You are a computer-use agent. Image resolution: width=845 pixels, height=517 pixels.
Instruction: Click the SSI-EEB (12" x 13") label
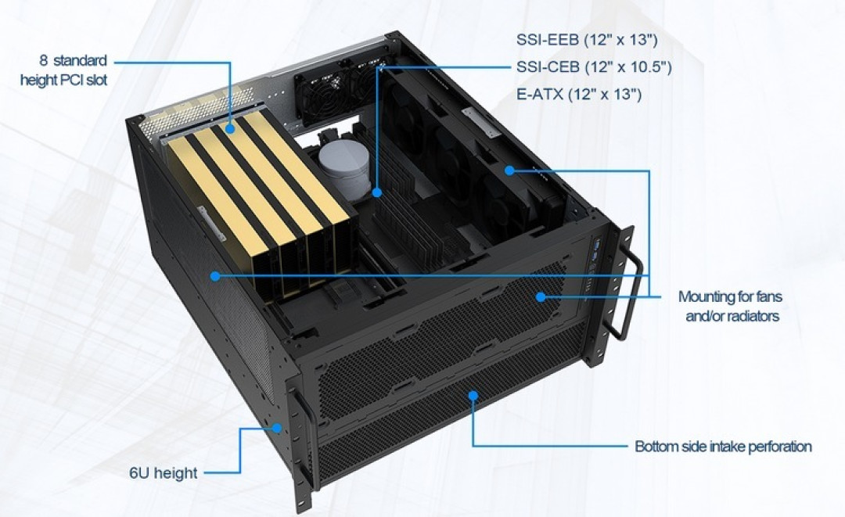click(x=587, y=39)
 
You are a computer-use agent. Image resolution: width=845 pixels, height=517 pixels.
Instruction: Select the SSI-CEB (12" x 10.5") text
click(x=594, y=66)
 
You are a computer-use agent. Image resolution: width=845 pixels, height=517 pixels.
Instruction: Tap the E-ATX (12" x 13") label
click(x=579, y=94)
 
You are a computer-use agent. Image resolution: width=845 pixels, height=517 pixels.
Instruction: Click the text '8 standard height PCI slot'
click(x=64, y=70)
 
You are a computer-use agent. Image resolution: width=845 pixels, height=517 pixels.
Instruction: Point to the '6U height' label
click(x=164, y=473)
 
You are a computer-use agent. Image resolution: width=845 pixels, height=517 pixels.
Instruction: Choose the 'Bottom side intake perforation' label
click(x=723, y=447)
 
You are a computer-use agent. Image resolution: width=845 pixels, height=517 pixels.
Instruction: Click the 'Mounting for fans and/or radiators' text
click(x=731, y=306)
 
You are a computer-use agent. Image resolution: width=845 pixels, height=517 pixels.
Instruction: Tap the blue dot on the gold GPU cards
click(x=230, y=129)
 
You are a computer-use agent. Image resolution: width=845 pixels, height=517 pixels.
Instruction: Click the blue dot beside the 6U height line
click(x=277, y=428)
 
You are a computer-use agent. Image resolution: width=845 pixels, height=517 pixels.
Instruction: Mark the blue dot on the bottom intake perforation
click(x=473, y=396)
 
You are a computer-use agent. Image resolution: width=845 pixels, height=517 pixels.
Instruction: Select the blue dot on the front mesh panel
click(x=541, y=296)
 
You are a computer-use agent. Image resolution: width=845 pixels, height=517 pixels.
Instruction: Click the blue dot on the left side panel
click(x=215, y=276)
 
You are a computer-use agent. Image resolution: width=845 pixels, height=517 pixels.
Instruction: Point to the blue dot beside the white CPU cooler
click(x=376, y=192)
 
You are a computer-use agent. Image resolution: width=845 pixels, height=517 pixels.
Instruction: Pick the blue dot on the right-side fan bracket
click(x=509, y=171)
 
